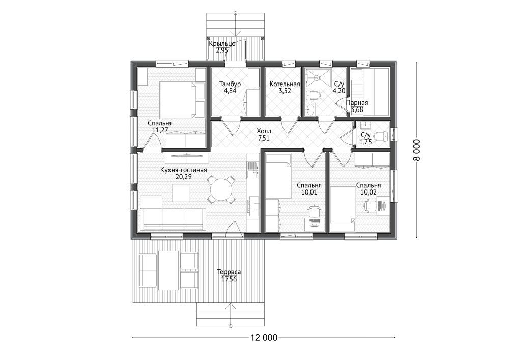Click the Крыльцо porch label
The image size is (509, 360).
point(222,44)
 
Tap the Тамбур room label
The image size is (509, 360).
point(230,84)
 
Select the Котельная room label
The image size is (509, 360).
point(285,84)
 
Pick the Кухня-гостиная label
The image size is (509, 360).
point(183,170)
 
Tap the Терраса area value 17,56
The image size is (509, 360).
point(229,279)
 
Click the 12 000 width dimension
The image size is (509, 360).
point(264,338)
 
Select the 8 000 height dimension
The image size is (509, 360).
point(417,150)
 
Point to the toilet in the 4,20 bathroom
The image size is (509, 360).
point(314,95)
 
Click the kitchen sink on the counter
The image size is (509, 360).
point(252,170)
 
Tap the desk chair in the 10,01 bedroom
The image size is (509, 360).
point(314,211)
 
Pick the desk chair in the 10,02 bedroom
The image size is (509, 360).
point(371,205)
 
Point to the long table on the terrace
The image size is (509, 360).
point(168,270)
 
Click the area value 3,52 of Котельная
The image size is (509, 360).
point(285,91)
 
